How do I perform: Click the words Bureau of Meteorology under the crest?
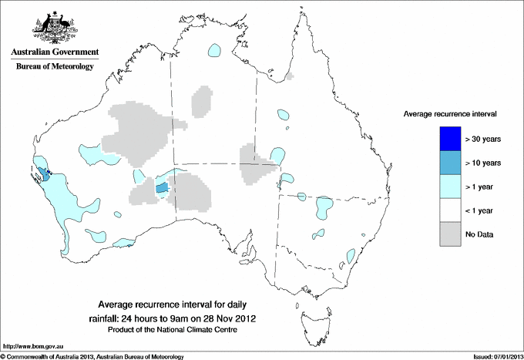tap(54, 67)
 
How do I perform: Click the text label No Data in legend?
tap(479, 234)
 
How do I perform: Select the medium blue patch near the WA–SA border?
tap(162, 187)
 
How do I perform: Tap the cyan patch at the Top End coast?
tap(213, 52)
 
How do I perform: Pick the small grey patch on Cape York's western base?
tap(290, 76)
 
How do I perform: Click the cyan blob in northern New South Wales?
tap(324, 207)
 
